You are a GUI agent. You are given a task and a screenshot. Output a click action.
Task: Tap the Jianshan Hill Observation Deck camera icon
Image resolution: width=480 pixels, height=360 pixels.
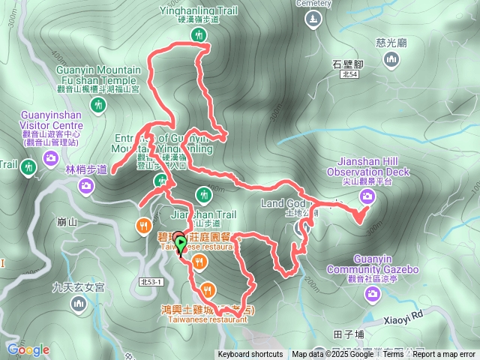coord(367,196)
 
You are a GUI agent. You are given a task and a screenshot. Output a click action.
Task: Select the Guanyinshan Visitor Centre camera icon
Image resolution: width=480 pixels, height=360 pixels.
coord(51,157)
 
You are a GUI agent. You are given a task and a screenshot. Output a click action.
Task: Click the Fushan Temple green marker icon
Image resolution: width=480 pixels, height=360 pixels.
coord(97,106)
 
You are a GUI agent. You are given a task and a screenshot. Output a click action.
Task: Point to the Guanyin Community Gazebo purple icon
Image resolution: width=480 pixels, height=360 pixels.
coord(373,295)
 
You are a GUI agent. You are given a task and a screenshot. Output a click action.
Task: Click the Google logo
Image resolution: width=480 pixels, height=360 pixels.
coord(28,349)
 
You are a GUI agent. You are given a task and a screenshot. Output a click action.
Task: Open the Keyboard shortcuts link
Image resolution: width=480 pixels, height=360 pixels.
coord(250,355)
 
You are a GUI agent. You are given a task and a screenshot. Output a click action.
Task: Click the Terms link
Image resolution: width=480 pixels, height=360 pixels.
coord(393,355)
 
